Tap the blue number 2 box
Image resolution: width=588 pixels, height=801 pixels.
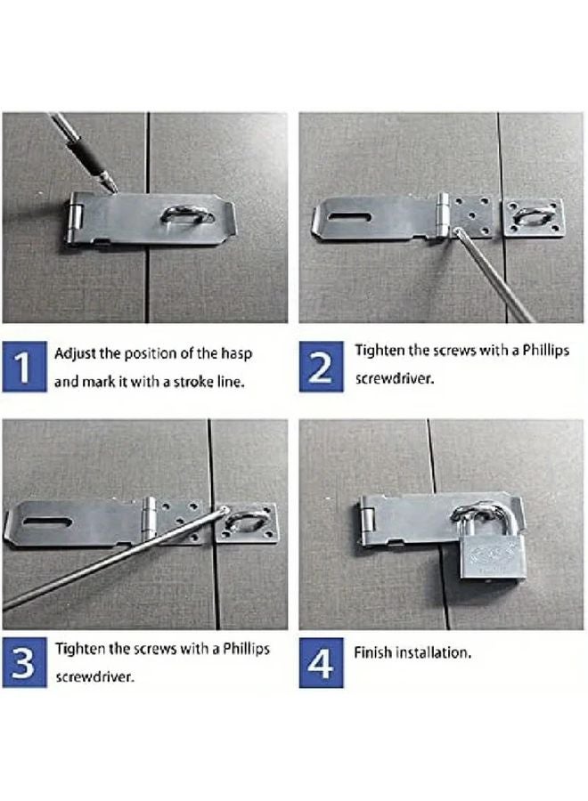[x=322, y=365]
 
